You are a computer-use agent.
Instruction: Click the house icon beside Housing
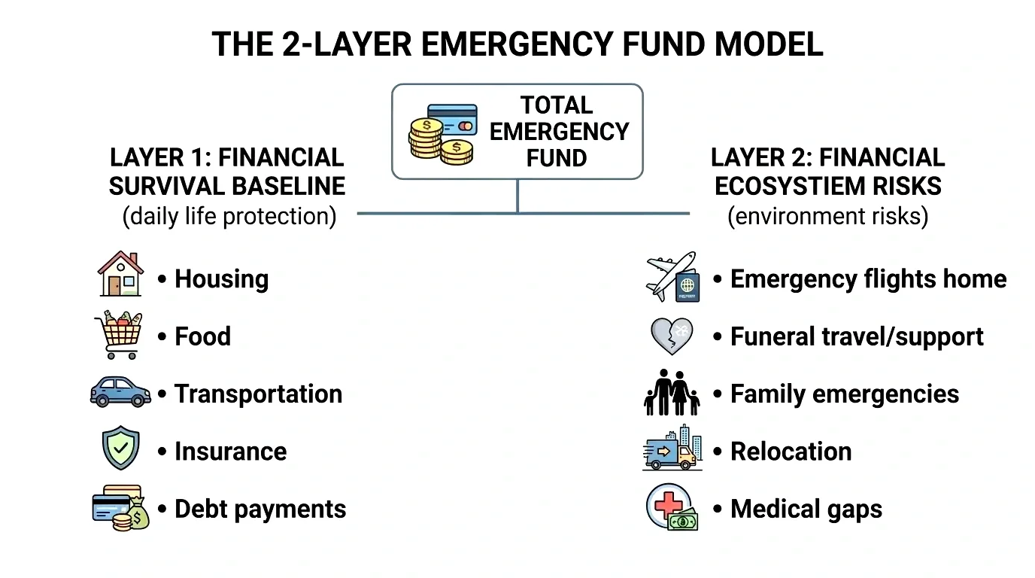point(120,275)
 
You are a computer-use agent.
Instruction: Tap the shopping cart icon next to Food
point(118,335)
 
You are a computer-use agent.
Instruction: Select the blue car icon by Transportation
point(120,392)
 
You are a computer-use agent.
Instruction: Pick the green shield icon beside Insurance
point(120,449)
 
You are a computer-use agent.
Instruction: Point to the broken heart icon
point(671,336)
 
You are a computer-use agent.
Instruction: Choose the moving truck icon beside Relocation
point(672,449)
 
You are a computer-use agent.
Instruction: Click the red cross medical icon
point(666,504)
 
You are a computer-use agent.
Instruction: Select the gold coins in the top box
point(439,140)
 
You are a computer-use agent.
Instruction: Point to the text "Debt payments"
point(260,509)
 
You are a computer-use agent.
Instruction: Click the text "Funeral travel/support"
point(857,336)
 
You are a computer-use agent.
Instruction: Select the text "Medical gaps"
point(806,509)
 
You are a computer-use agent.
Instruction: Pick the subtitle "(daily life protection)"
point(229,216)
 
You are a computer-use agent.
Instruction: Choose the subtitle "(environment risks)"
point(827,216)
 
